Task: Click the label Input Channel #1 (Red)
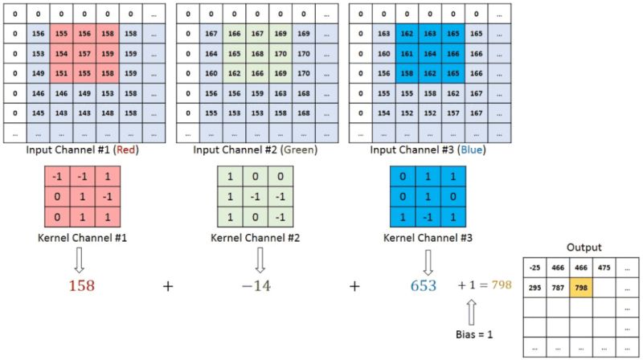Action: coord(84,149)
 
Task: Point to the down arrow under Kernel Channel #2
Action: coord(260,258)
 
